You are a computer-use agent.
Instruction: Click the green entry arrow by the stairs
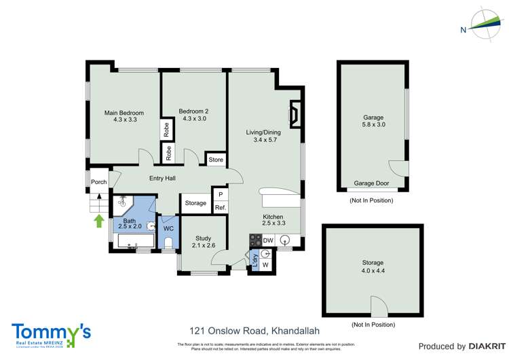tap(99, 220)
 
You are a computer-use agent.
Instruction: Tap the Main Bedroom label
tap(124, 115)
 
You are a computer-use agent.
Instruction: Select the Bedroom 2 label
tap(193, 115)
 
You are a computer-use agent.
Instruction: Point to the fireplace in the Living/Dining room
tap(295, 114)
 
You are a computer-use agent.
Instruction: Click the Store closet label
tap(216, 160)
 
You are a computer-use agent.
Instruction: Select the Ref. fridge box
tap(220, 207)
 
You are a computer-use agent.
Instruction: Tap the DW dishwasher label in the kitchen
tap(269, 240)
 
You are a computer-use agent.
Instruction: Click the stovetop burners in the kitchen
tap(256, 240)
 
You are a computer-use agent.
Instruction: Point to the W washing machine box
tap(265, 265)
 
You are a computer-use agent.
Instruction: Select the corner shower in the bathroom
tap(124, 202)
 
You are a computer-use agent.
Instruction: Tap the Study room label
tap(203, 242)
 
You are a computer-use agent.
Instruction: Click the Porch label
tap(98, 181)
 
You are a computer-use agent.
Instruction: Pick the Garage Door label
tap(372, 183)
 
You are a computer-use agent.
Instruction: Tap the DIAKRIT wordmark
tap(483, 346)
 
